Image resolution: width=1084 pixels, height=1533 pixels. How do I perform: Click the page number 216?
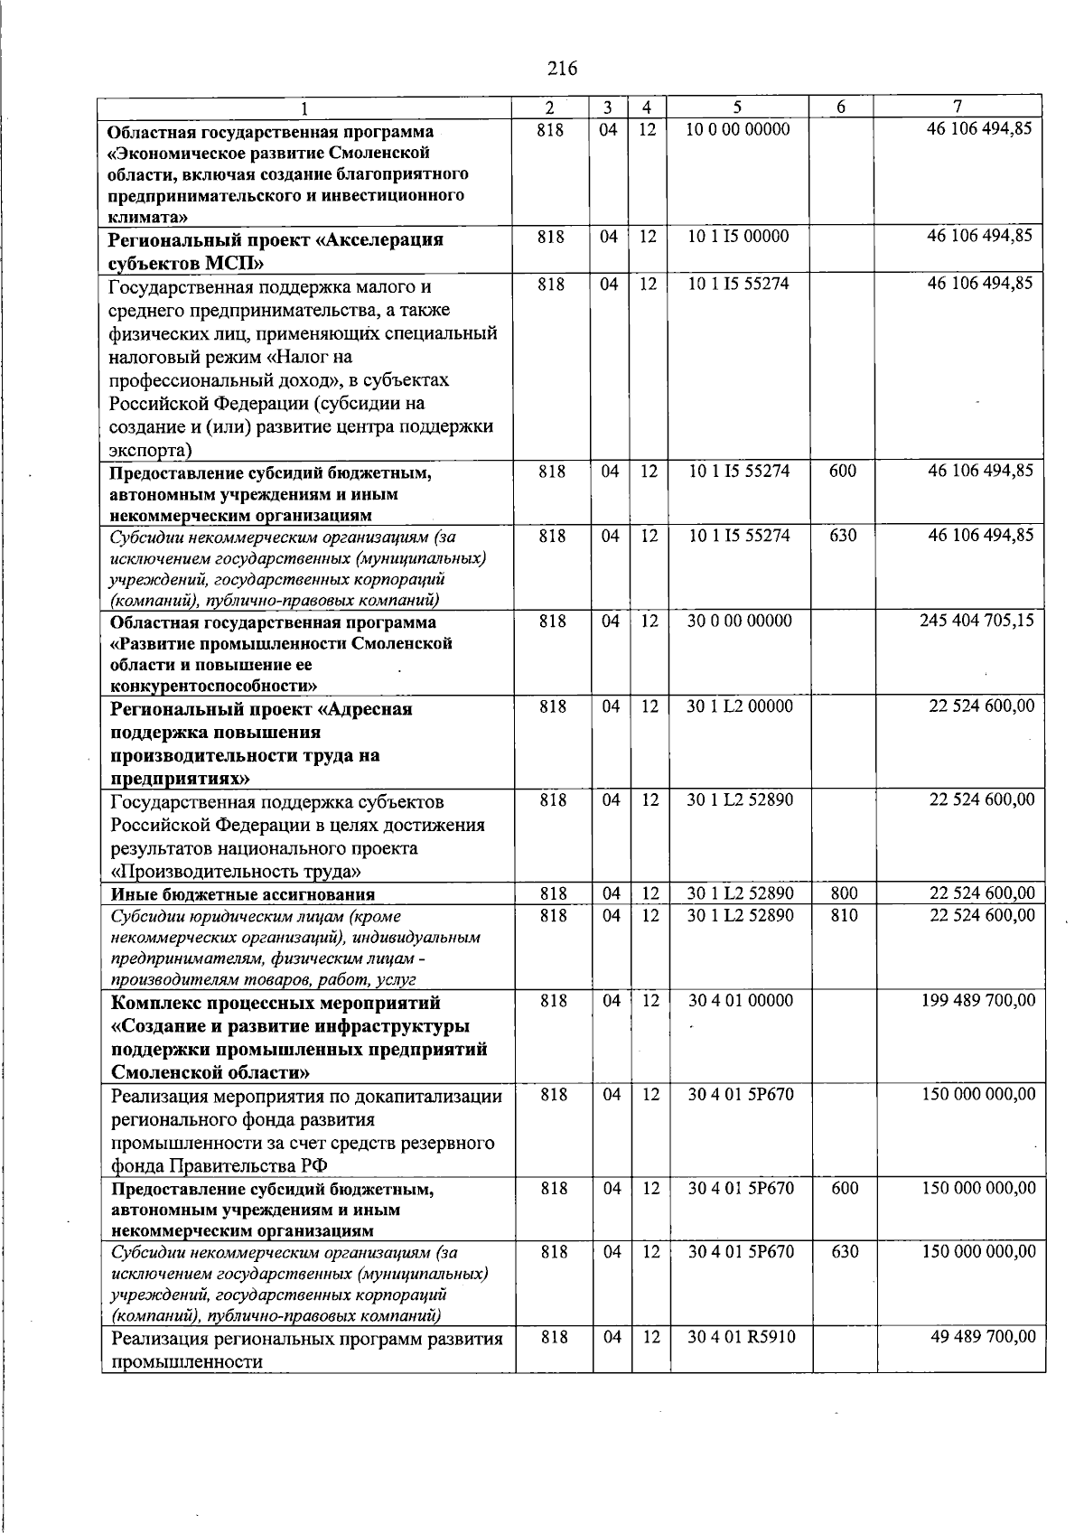pyautogui.click(x=562, y=68)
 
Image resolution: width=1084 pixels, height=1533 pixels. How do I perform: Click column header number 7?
pyautogui.click(x=958, y=106)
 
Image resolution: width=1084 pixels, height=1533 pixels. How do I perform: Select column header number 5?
pyautogui.click(x=737, y=106)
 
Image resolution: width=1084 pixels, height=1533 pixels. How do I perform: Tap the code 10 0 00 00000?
pyautogui.click(x=737, y=129)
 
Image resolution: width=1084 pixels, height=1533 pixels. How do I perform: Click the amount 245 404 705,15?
pyautogui.click(x=977, y=621)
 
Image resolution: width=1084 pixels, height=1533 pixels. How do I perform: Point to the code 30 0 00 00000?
pyautogui.click(x=739, y=621)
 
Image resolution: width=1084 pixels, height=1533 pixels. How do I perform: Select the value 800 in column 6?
pyautogui.click(x=844, y=893)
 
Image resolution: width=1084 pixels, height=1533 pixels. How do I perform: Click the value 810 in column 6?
pyautogui.click(x=844, y=915)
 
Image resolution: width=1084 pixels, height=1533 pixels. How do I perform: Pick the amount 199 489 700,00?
pyautogui.click(x=978, y=1000)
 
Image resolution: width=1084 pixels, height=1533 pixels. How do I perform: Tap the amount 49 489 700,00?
pyautogui.click(x=983, y=1336)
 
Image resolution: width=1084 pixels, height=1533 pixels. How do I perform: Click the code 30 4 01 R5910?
pyautogui.click(x=741, y=1336)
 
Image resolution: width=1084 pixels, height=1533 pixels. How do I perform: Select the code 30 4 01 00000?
pyautogui.click(x=741, y=1000)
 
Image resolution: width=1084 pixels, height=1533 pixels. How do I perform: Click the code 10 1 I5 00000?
pyautogui.click(x=737, y=236)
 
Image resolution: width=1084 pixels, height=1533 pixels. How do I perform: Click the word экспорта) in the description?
pyautogui.click(x=150, y=450)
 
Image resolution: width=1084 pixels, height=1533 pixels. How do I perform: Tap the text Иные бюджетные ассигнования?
pyautogui.click(x=242, y=894)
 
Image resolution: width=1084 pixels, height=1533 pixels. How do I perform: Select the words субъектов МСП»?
pyautogui.click(x=187, y=263)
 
